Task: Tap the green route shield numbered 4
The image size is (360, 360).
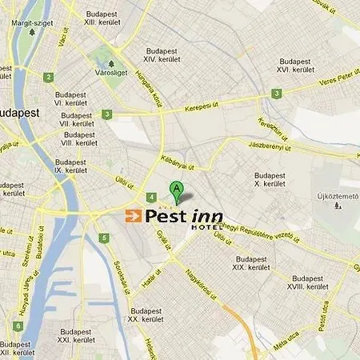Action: pyautogui.click(x=151, y=197)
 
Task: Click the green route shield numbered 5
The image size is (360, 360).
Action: pyautogui.click(x=103, y=238)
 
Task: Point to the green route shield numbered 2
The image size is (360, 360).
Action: pyautogui.click(x=49, y=77)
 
